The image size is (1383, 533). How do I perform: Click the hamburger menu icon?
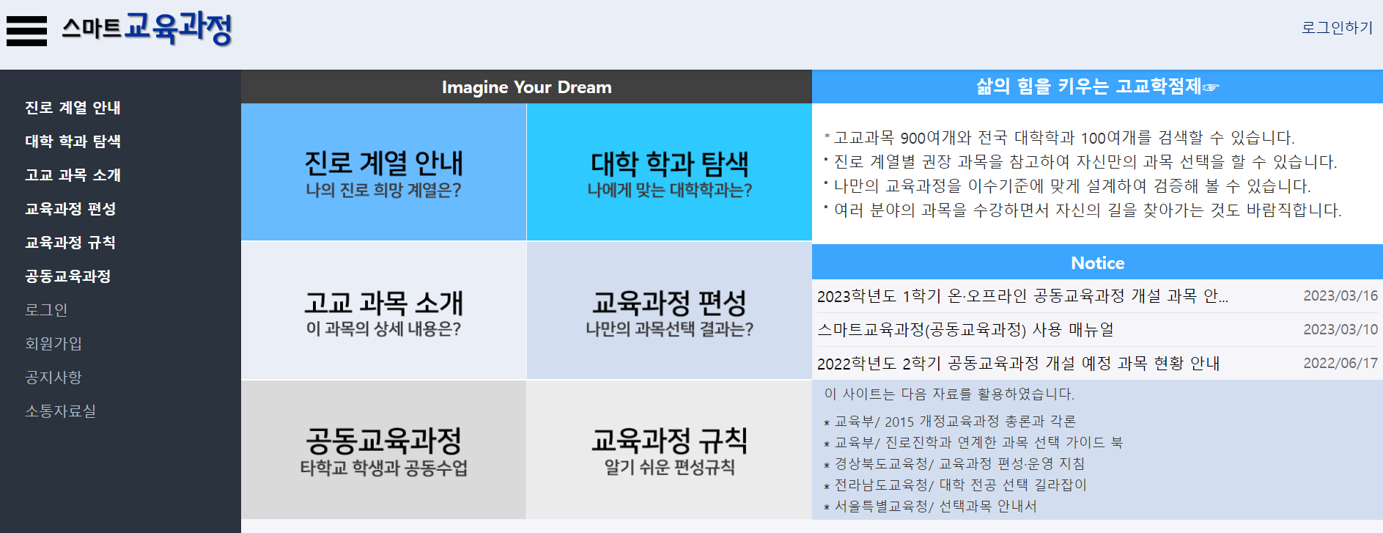[x=26, y=31]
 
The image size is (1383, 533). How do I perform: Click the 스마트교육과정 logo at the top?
[x=147, y=29]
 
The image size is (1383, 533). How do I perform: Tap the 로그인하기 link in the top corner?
[x=1336, y=28]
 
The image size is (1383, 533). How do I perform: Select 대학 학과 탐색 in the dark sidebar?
[x=73, y=141]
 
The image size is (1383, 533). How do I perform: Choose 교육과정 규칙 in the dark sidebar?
[x=70, y=243]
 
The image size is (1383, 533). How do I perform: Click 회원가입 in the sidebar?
[x=54, y=344]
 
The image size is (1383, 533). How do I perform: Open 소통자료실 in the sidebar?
[x=60, y=411]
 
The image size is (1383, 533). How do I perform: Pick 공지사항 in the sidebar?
[x=54, y=378]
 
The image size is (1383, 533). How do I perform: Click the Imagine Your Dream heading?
[x=526, y=87]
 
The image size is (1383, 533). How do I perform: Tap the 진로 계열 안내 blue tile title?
[x=383, y=163]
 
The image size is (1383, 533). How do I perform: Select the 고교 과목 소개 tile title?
[x=383, y=303]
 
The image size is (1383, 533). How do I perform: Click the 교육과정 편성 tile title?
[x=669, y=303]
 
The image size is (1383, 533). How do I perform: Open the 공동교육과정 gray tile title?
[x=383, y=441]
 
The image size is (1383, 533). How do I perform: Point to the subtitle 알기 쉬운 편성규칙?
[x=669, y=468]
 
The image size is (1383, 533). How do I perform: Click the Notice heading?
[x=1097, y=262]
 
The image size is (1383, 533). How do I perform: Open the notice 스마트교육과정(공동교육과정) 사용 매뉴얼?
[x=965, y=330]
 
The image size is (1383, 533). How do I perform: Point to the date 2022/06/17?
[x=1340, y=363]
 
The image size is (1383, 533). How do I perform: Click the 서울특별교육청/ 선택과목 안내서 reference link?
[x=935, y=507]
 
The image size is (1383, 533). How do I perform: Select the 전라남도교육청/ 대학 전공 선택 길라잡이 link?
[x=960, y=485]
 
